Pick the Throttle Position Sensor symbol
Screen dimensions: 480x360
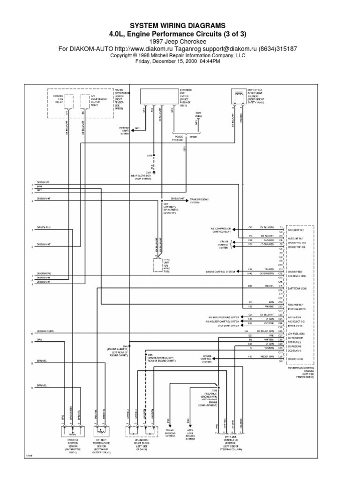[x=71, y=430]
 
